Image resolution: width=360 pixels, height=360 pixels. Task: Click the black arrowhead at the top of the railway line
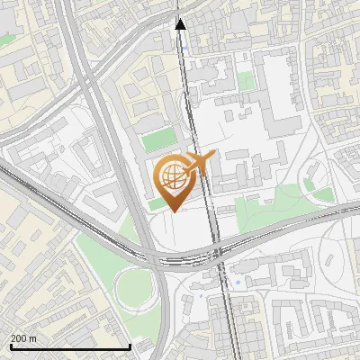tap(180, 24)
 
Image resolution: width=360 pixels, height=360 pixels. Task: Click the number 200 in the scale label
tap(20, 338)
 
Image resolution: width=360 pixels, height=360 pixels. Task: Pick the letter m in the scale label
tap(34, 338)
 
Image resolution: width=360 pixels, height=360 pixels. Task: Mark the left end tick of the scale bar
tap(10, 346)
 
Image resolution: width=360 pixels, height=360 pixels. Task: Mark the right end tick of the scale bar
tap(130, 346)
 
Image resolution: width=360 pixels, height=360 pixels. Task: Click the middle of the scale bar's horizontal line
tap(70, 347)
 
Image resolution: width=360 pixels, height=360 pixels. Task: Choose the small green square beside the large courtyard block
tap(246, 81)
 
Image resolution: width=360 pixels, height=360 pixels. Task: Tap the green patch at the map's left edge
tap(4, 40)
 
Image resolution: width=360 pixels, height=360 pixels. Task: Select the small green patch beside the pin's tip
tap(157, 204)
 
